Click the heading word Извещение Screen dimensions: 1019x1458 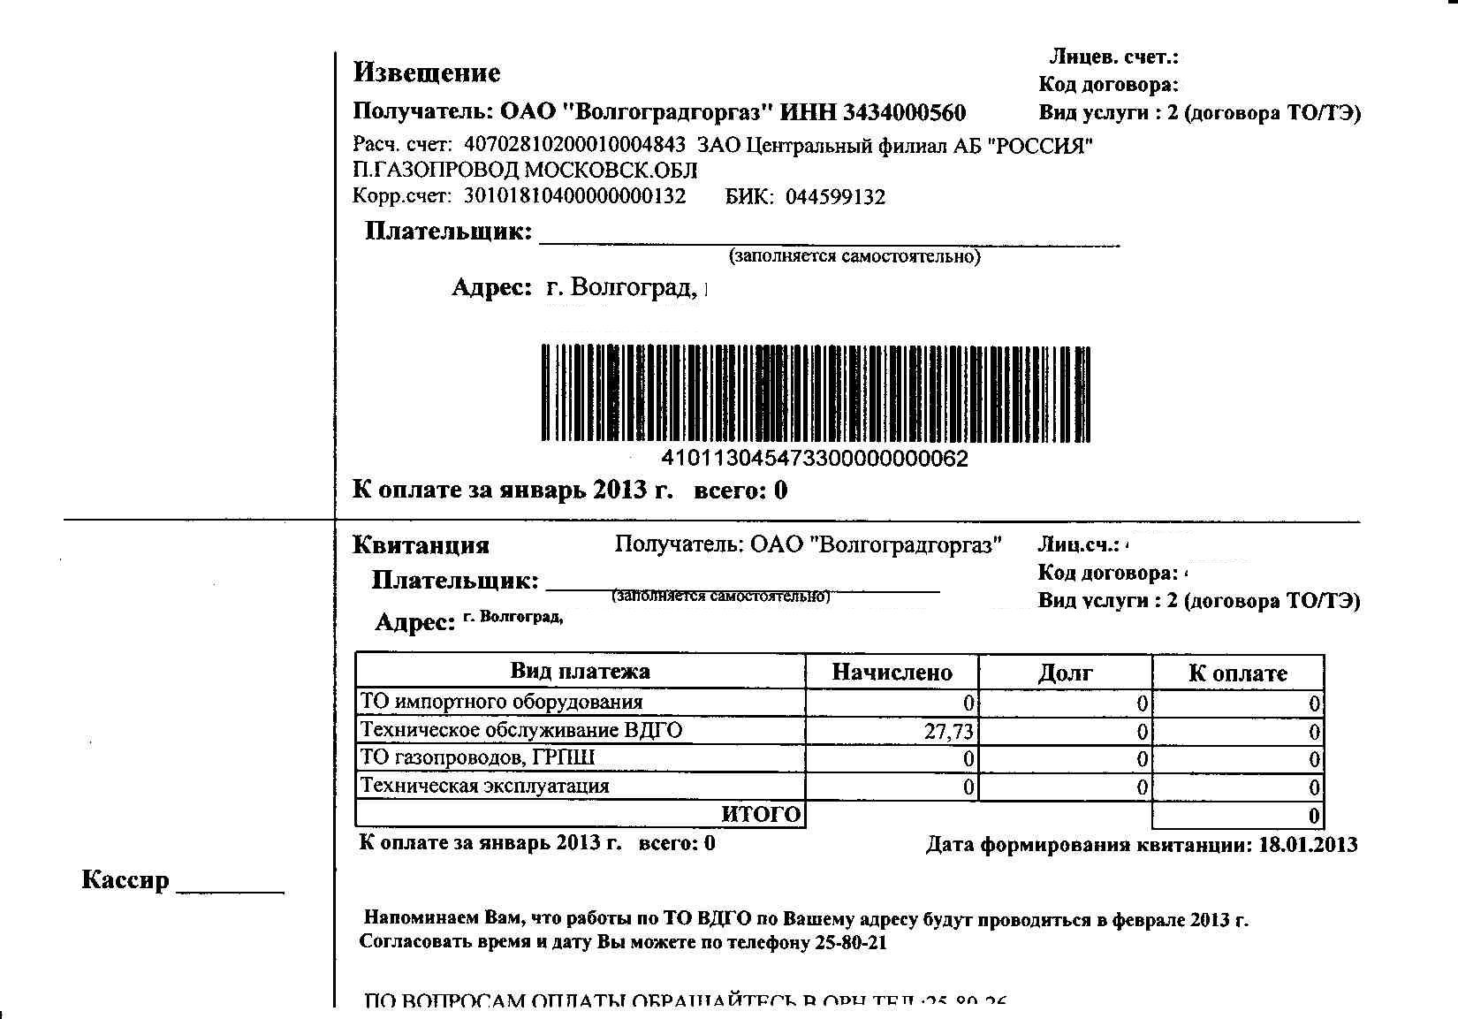tap(427, 72)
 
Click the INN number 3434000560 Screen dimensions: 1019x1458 tap(904, 112)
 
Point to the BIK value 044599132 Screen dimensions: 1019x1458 tap(835, 196)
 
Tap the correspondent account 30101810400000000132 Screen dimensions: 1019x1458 tap(574, 196)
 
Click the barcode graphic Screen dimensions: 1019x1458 tap(815, 393)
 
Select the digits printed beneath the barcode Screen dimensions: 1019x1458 tap(815, 459)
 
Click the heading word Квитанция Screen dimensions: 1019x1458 tap(421, 545)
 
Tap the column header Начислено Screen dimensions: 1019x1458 tap(892, 673)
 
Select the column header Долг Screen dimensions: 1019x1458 tap(1065, 673)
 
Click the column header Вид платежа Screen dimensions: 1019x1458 tap(580, 671)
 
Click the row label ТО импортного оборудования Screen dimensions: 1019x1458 tap(502, 702)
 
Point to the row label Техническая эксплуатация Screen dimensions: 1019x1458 tap(485, 786)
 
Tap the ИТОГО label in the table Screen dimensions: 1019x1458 tap(761, 814)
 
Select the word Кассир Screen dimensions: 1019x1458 tap(125, 880)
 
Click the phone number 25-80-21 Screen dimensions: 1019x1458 tap(851, 942)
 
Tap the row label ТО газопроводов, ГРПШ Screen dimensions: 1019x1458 tap(478, 757)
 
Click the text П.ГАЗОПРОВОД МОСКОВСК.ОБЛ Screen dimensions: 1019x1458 tap(525, 170)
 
